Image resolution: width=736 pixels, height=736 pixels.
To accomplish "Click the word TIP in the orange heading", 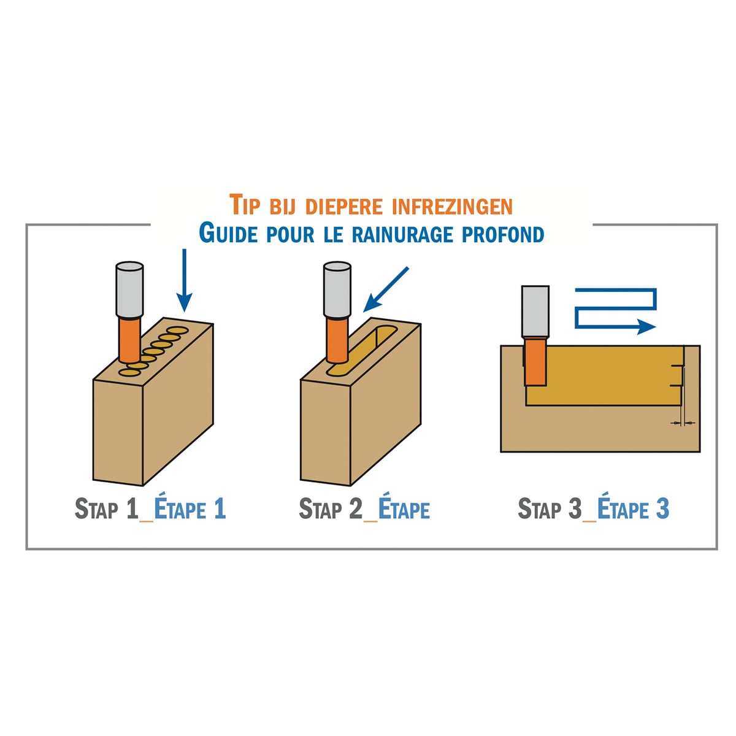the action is [245, 205].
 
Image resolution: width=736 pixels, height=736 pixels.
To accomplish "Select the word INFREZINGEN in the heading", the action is [452, 206].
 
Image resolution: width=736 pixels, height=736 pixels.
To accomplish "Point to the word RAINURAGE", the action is [402, 234].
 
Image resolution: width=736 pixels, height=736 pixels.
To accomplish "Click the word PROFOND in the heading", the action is [503, 234].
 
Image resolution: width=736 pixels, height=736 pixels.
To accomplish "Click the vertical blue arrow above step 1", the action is [185, 280].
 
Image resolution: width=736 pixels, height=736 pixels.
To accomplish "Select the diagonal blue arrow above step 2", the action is [385, 289].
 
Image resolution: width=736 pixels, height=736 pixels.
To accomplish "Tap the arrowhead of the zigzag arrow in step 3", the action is [646, 327].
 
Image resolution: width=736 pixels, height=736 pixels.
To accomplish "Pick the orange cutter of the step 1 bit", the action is [130, 340].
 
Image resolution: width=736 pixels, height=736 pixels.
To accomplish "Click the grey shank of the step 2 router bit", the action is [337, 290].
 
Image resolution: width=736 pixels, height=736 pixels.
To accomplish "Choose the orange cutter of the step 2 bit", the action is [337, 340].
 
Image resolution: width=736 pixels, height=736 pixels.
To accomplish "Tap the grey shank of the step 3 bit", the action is [535, 312].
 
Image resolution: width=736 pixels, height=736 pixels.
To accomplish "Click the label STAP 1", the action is [106, 508].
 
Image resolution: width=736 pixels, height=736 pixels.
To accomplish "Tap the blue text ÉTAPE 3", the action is [633, 508].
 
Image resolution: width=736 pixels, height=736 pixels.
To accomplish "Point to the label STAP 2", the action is [331, 508].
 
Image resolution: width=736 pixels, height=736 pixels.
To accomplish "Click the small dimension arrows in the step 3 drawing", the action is [683, 423].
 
